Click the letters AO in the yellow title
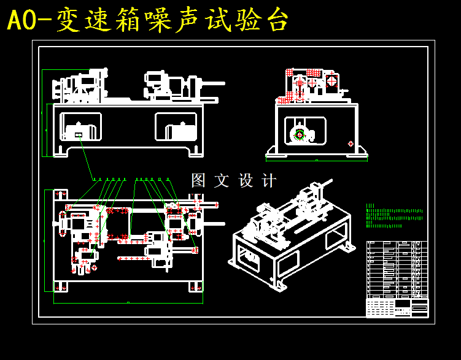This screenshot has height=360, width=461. coord(22,21)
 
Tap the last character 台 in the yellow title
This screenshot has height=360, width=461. coord(276,21)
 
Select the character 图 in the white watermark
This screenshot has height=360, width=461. coord(198,180)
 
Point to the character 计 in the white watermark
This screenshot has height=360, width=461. coord(269,180)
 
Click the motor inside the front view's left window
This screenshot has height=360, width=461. coord(79,131)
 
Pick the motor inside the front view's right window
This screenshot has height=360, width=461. coord(180,131)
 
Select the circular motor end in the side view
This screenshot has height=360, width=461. coord(300,135)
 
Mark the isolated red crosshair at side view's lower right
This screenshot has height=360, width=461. coord(351,144)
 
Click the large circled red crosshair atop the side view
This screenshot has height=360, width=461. coord(331,80)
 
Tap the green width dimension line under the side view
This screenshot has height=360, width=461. coord(316,161)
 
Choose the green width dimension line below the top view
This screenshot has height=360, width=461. coord(128,303)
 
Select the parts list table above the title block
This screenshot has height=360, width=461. coord(397,269)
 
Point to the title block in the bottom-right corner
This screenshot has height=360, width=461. coord(397,307)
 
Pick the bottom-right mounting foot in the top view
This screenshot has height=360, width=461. coord(195,286)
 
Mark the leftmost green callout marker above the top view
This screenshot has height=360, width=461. coord(94,179)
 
